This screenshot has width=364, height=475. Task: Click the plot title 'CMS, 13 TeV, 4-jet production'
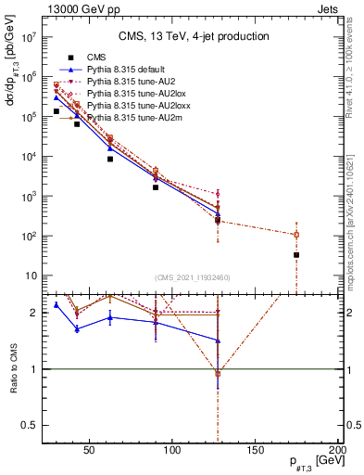click(194, 36)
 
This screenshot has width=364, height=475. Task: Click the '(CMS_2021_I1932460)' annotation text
click(193, 277)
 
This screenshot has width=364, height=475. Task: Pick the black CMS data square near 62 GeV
click(110, 159)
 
